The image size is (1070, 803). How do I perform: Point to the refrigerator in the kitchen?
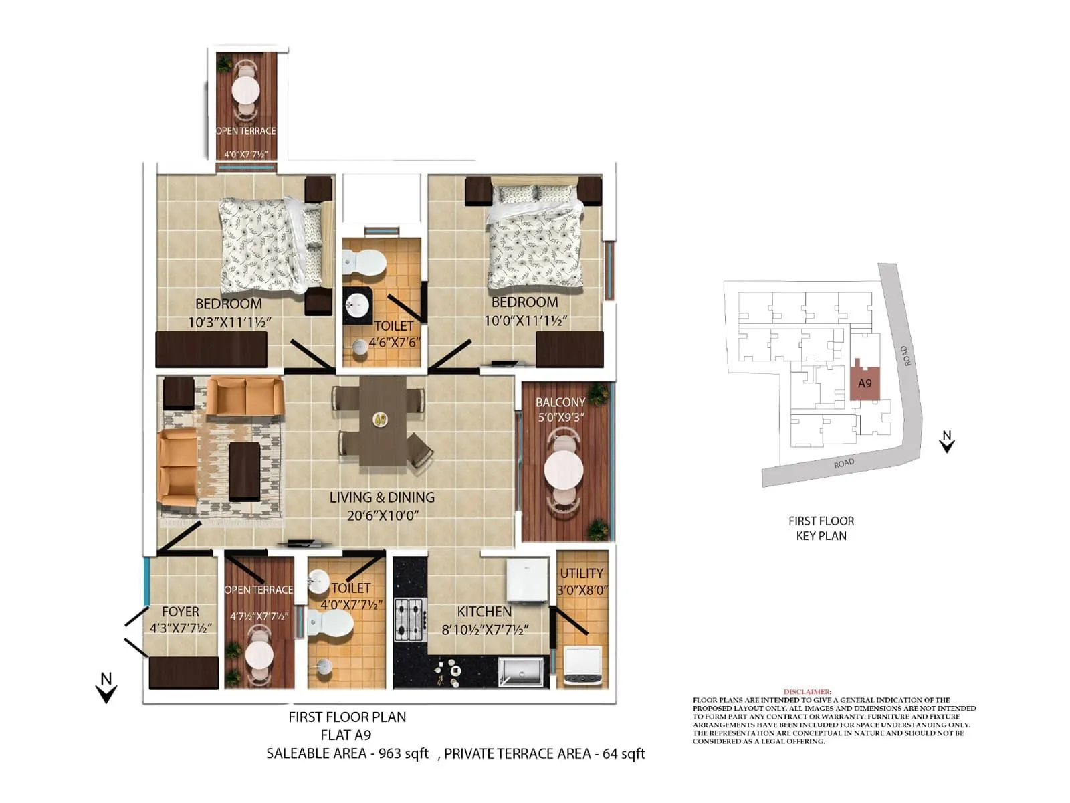[527, 579]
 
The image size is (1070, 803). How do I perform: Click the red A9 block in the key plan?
[865, 383]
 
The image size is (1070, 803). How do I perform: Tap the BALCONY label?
[560, 402]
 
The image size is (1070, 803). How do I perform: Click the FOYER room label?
[181, 612]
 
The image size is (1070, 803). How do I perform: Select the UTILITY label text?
[581, 573]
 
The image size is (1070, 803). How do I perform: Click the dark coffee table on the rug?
[244, 472]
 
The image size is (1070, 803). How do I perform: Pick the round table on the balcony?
[564, 471]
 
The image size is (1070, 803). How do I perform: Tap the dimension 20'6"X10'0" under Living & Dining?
[383, 515]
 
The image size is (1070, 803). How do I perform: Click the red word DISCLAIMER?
[807, 691]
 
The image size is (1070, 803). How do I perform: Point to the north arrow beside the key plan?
[946, 442]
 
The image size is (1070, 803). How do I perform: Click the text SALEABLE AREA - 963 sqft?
[347, 753]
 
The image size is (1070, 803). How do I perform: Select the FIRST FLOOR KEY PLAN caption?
[821, 528]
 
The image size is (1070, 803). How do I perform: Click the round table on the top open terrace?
[245, 89]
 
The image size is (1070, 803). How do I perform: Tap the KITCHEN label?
[484, 612]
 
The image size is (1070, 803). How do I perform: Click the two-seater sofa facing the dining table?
[245, 396]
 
